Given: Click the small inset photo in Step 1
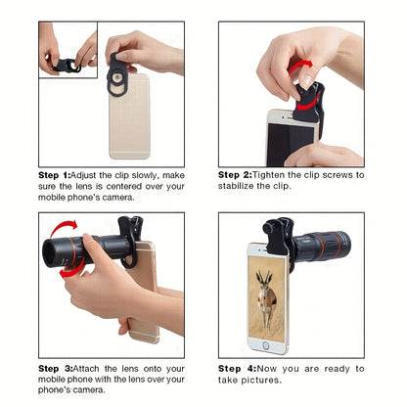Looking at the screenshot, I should coord(68,49).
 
